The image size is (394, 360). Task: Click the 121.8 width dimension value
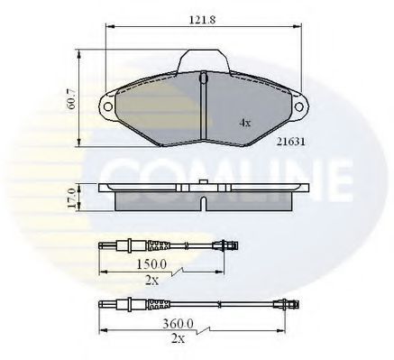click(202, 20)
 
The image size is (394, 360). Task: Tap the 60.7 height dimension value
click(73, 99)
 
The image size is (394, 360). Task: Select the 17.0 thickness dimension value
click(71, 198)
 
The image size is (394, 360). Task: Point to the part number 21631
click(291, 142)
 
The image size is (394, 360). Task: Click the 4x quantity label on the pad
click(245, 123)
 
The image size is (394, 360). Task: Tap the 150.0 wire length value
click(151, 264)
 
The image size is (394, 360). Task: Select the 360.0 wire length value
click(179, 324)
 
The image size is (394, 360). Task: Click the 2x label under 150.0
click(151, 281)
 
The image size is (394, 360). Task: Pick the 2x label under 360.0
click(178, 339)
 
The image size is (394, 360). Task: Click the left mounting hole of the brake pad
click(107, 106)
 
